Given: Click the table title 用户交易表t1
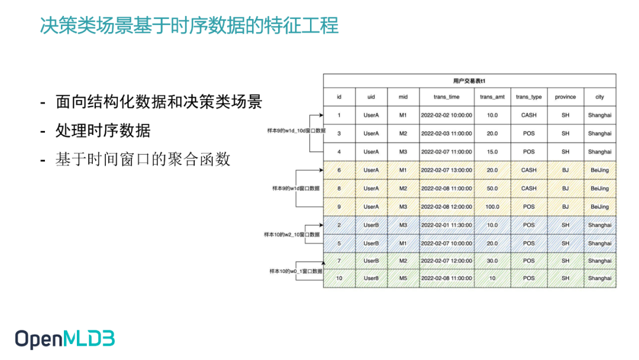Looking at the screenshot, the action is point(469,81).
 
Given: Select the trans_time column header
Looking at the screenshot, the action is point(446,97).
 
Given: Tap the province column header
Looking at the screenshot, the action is point(565,97).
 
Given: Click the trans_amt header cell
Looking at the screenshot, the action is point(492,97).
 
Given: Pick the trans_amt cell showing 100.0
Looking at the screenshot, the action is point(492,207).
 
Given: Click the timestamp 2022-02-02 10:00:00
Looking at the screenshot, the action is point(446,115).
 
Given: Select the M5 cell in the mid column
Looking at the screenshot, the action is point(403,278).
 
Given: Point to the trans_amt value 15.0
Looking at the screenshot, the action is point(492,152).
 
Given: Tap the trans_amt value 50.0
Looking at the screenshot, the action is point(492,188).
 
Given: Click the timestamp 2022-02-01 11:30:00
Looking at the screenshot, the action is point(446,225).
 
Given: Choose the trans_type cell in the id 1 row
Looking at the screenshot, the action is point(528,115).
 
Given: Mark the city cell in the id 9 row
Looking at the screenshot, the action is point(599,207).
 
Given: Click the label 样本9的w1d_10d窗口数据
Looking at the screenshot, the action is point(296,130).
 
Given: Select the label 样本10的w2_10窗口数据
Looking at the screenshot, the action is point(292,234).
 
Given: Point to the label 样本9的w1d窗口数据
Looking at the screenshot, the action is point(296,188).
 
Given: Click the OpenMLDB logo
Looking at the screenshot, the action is point(64,339).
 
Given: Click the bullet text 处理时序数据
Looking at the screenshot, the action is point(103,131).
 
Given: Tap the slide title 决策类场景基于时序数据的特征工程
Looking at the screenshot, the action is point(189,25).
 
